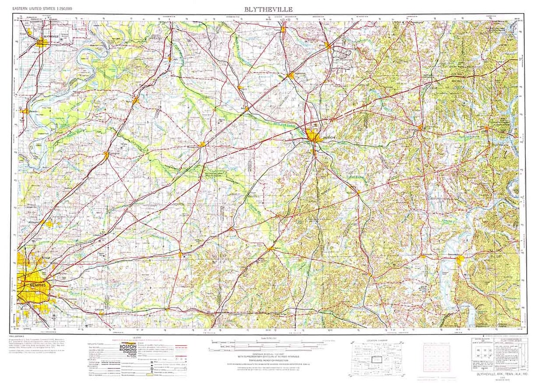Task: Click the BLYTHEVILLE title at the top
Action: [268, 9]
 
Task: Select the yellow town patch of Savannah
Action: [460, 258]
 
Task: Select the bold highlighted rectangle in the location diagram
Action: [376, 359]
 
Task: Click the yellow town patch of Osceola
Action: [24, 111]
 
